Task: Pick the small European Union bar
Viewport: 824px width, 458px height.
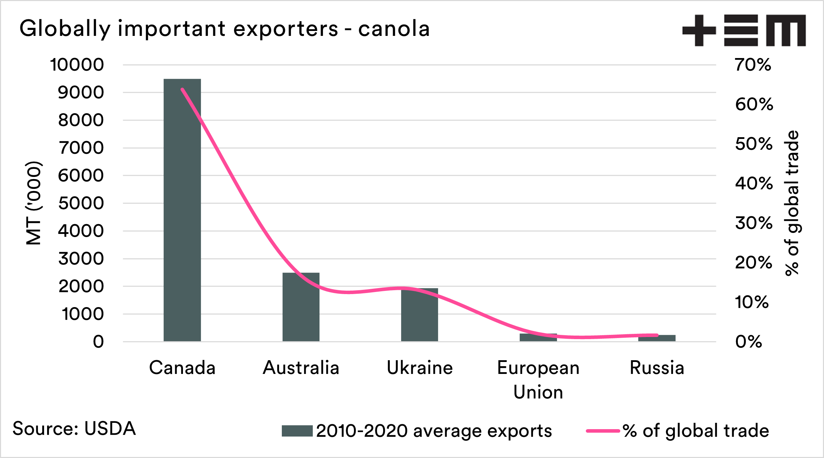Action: [x=538, y=337]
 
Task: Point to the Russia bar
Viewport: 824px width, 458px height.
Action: [x=657, y=338]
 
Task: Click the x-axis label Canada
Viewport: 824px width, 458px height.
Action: [x=182, y=368]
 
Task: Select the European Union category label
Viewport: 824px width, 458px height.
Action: [x=538, y=380]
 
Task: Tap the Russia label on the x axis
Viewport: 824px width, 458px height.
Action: [x=657, y=368]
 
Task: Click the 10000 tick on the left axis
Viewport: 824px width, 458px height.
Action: [x=77, y=65]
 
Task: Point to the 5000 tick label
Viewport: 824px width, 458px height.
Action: [x=81, y=203]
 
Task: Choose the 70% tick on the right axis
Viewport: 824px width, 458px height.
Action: [x=753, y=65]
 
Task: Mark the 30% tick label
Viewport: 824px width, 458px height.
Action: [x=754, y=223]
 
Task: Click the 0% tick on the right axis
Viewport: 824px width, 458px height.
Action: [x=749, y=342]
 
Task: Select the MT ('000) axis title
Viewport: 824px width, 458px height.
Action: [x=34, y=203]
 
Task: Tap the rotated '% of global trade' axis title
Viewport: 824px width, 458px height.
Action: [x=792, y=203]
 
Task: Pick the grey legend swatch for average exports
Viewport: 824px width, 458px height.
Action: [x=297, y=431]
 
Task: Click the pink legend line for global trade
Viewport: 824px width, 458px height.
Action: [x=603, y=431]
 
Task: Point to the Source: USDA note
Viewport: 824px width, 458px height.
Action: [x=74, y=428]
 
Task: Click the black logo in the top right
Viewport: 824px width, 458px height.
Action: [x=744, y=30]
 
